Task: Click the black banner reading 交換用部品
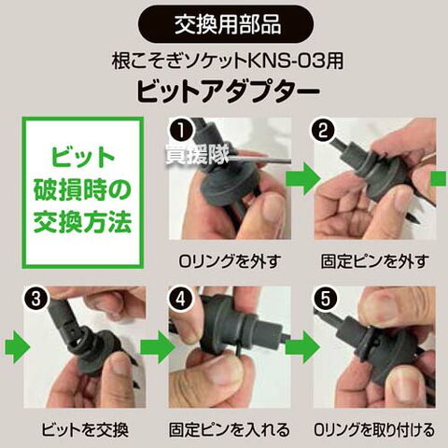(x=226, y=24)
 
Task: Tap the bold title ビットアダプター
(x=229, y=91)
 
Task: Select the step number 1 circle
(x=181, y=131)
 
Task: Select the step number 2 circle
(x=324, y=131)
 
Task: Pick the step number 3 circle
(x=36, y=300)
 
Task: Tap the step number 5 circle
(x=325, y=300)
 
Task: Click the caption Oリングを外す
(x=230, y=261)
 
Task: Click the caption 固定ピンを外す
(x=375, y=261)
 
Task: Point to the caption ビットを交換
(x=85, y=430)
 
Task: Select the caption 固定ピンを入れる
(x=230, y=430)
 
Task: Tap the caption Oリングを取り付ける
(x=374, y=430)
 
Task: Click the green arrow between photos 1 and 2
(x=303, y=178)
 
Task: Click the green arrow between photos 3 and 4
(x=158, y=347)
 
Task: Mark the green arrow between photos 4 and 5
(x=303, y=347)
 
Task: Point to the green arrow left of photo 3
(x=18, y=347)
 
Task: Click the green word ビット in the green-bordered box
(x=83, y=158)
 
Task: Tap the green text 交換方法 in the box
(x=83, y=222)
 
